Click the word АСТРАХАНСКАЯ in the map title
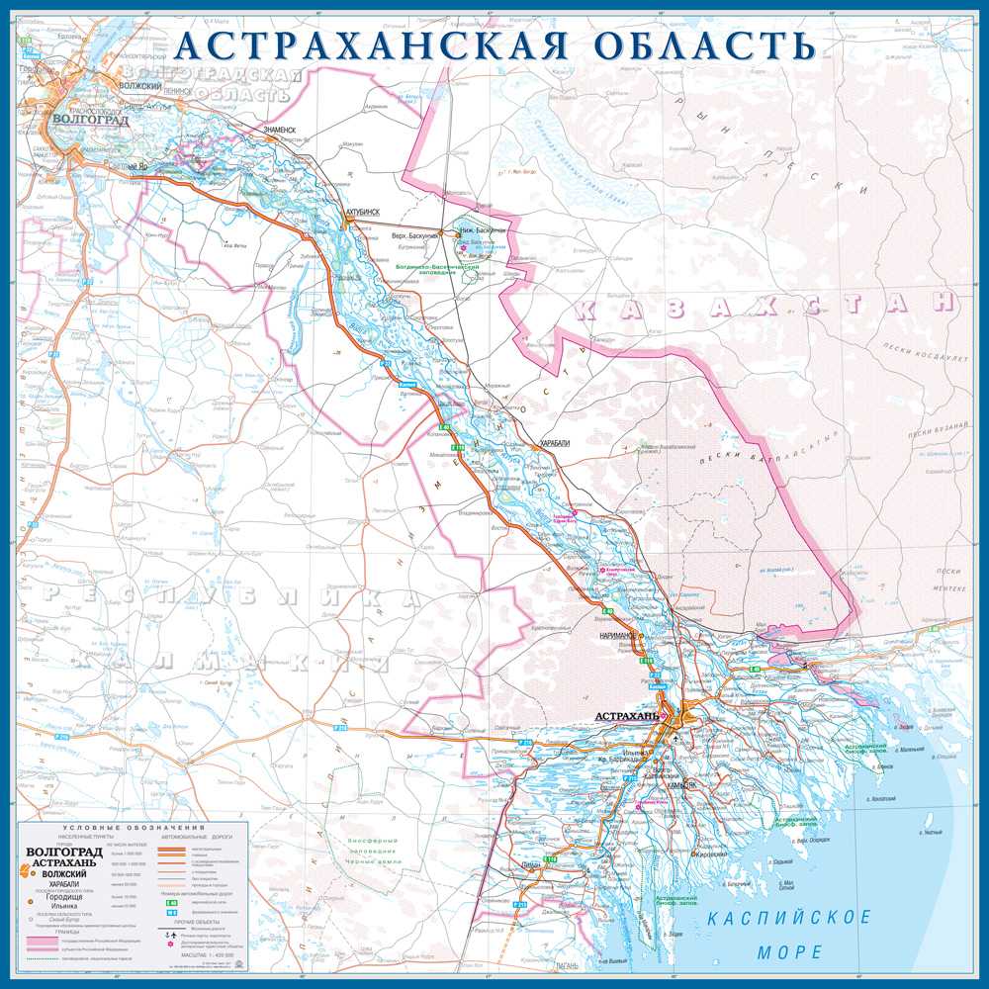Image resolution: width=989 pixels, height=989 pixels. pyautogui.click(x=374, y=45)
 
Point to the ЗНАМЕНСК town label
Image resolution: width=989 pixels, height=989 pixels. pyautogui.click(x=278, y=130)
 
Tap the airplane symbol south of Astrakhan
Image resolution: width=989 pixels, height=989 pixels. pyautogui.click(x=676, y=739)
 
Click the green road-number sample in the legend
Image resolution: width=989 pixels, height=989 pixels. pyautogui.click(x=172, y=902)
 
